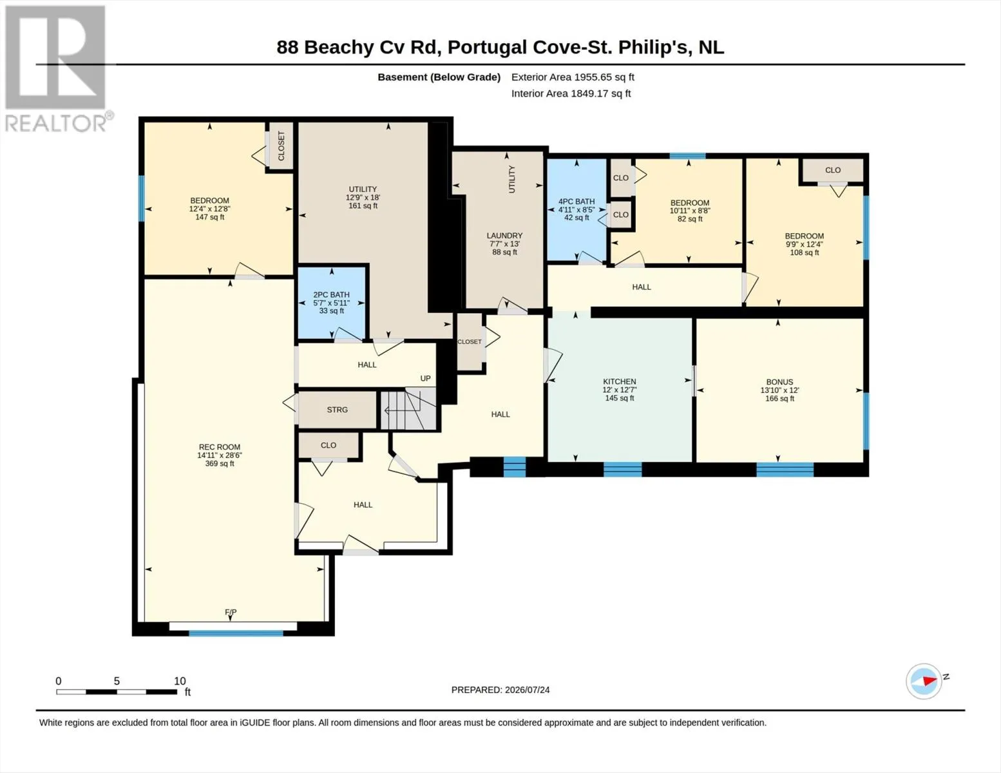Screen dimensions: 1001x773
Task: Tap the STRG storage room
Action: tap(337, 410)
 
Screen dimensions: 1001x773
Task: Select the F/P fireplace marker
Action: tap(231, 612)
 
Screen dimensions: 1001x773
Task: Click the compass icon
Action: tap(924, 682)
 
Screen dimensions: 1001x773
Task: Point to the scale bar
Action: tap(117, 691)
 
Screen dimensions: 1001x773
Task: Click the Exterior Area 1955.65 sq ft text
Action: tap(573, 77)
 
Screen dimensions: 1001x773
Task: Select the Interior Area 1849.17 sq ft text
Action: tap(571, 93)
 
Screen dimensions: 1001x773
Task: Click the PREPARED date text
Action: tap(500, 690)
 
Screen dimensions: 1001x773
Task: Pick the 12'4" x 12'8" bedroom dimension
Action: tap(209, 209)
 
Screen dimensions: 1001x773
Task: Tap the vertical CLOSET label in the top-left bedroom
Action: tap(281, 146)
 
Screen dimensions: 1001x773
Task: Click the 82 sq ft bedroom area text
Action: tap(690, 219)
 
